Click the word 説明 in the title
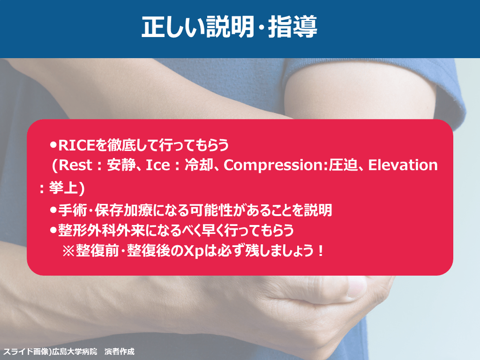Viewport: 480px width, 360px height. (x=230, y=27)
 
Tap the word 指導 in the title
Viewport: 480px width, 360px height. (x=292, y=27)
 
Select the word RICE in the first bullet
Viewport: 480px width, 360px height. (x=76, y=145)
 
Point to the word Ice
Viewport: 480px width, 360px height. (x=158, y=165)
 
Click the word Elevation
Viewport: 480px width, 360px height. (x=403, y=165)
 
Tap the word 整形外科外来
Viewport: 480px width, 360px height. (x=101, y=231)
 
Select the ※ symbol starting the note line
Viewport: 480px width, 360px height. (x=68, y=251)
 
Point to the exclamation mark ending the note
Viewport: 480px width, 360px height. (x=321, y=251)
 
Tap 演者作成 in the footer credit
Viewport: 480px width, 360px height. (x=120, y=352)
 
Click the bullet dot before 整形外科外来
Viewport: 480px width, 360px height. (x=53, y=230)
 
